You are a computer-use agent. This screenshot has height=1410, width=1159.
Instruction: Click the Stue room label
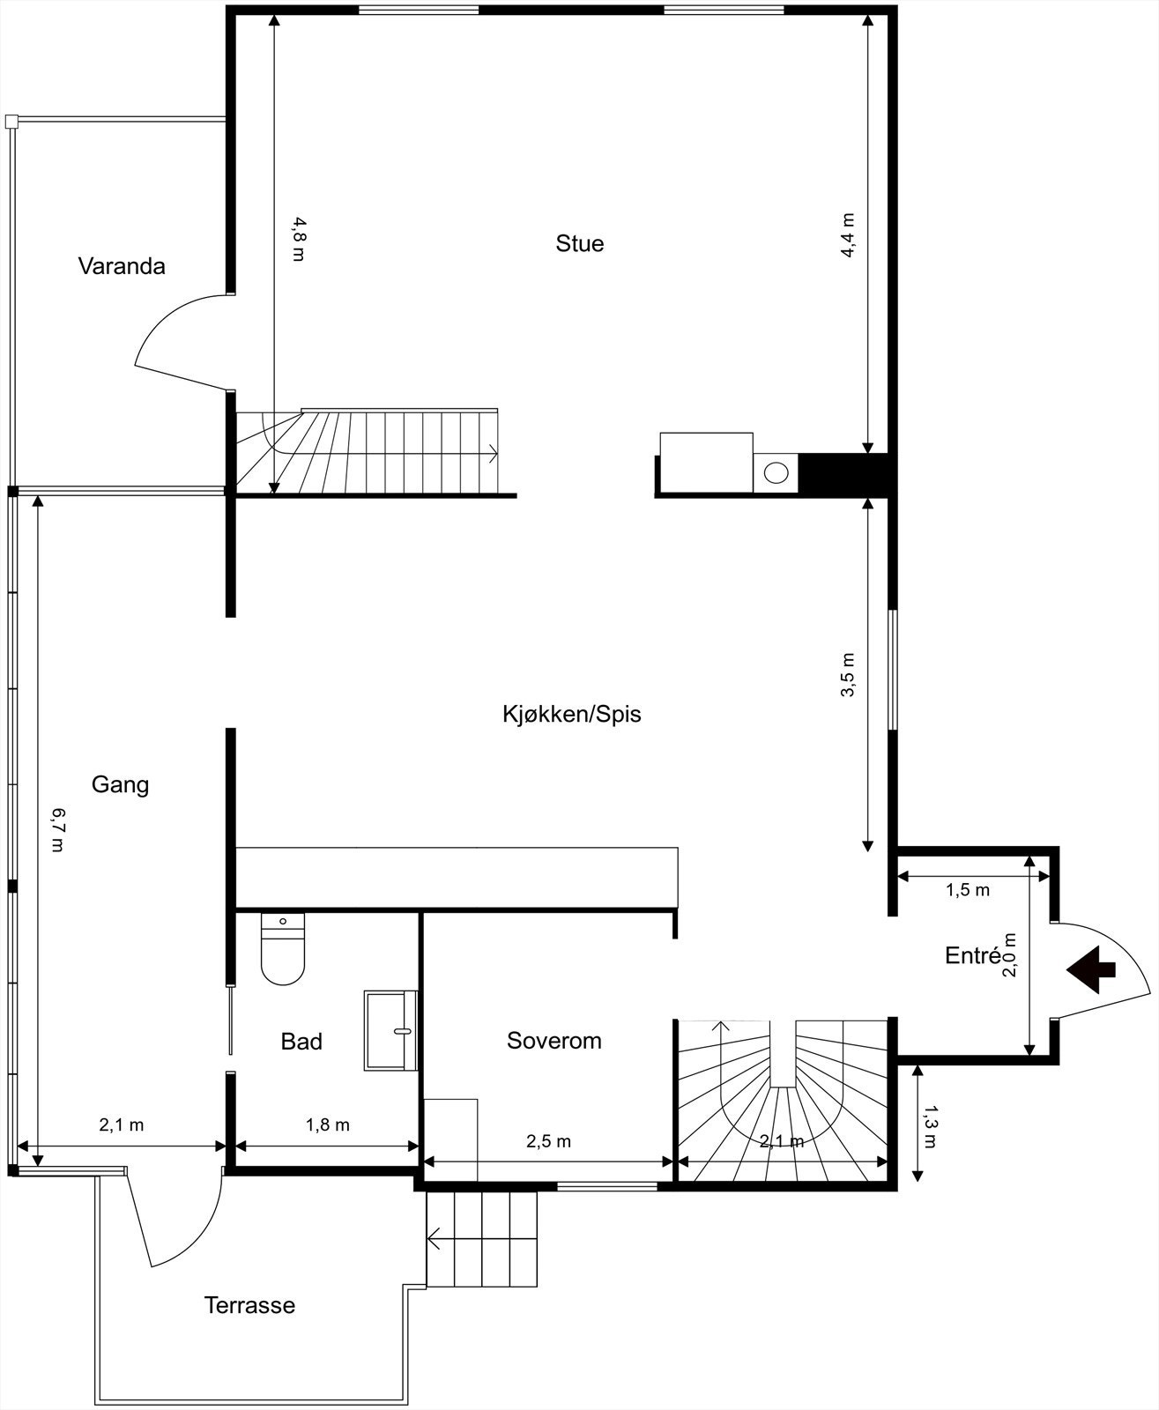click(579, 243)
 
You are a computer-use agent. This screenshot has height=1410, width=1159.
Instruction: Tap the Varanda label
click(122, 266)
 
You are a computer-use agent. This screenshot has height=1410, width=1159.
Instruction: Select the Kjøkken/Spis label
click(571, 714)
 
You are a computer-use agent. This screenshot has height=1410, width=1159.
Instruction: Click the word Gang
click(120, 784)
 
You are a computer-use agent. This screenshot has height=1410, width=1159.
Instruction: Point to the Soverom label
click(553, 1041)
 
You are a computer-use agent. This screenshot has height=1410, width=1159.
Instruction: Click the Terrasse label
click(249, 1305)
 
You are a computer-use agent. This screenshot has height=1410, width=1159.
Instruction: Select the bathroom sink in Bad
click(390, 1030)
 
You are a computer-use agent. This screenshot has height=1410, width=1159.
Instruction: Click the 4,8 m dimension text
click(299, 239)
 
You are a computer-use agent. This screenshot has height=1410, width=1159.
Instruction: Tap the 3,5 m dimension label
click(848, 675)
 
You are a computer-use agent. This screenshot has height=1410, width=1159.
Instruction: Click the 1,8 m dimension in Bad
click(327, 1125)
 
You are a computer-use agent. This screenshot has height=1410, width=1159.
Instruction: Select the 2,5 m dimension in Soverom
click(548, 1142)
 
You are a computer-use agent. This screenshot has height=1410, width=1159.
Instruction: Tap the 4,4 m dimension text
click(848, 234)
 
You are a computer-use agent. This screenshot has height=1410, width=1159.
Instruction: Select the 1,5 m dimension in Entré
click(968, 890)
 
